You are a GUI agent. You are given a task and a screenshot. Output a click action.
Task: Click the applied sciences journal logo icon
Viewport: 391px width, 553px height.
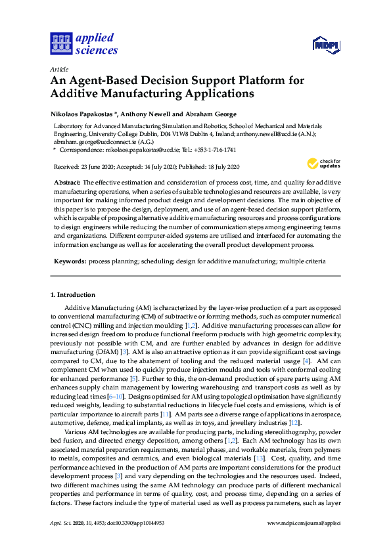point(60,43)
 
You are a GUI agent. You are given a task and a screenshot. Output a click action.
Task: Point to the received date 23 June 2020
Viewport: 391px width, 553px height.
point(99,167)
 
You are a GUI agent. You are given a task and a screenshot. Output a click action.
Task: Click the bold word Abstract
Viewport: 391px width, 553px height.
point(68,181)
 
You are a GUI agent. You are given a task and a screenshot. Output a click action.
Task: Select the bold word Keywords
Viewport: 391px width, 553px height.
point(70,261)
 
